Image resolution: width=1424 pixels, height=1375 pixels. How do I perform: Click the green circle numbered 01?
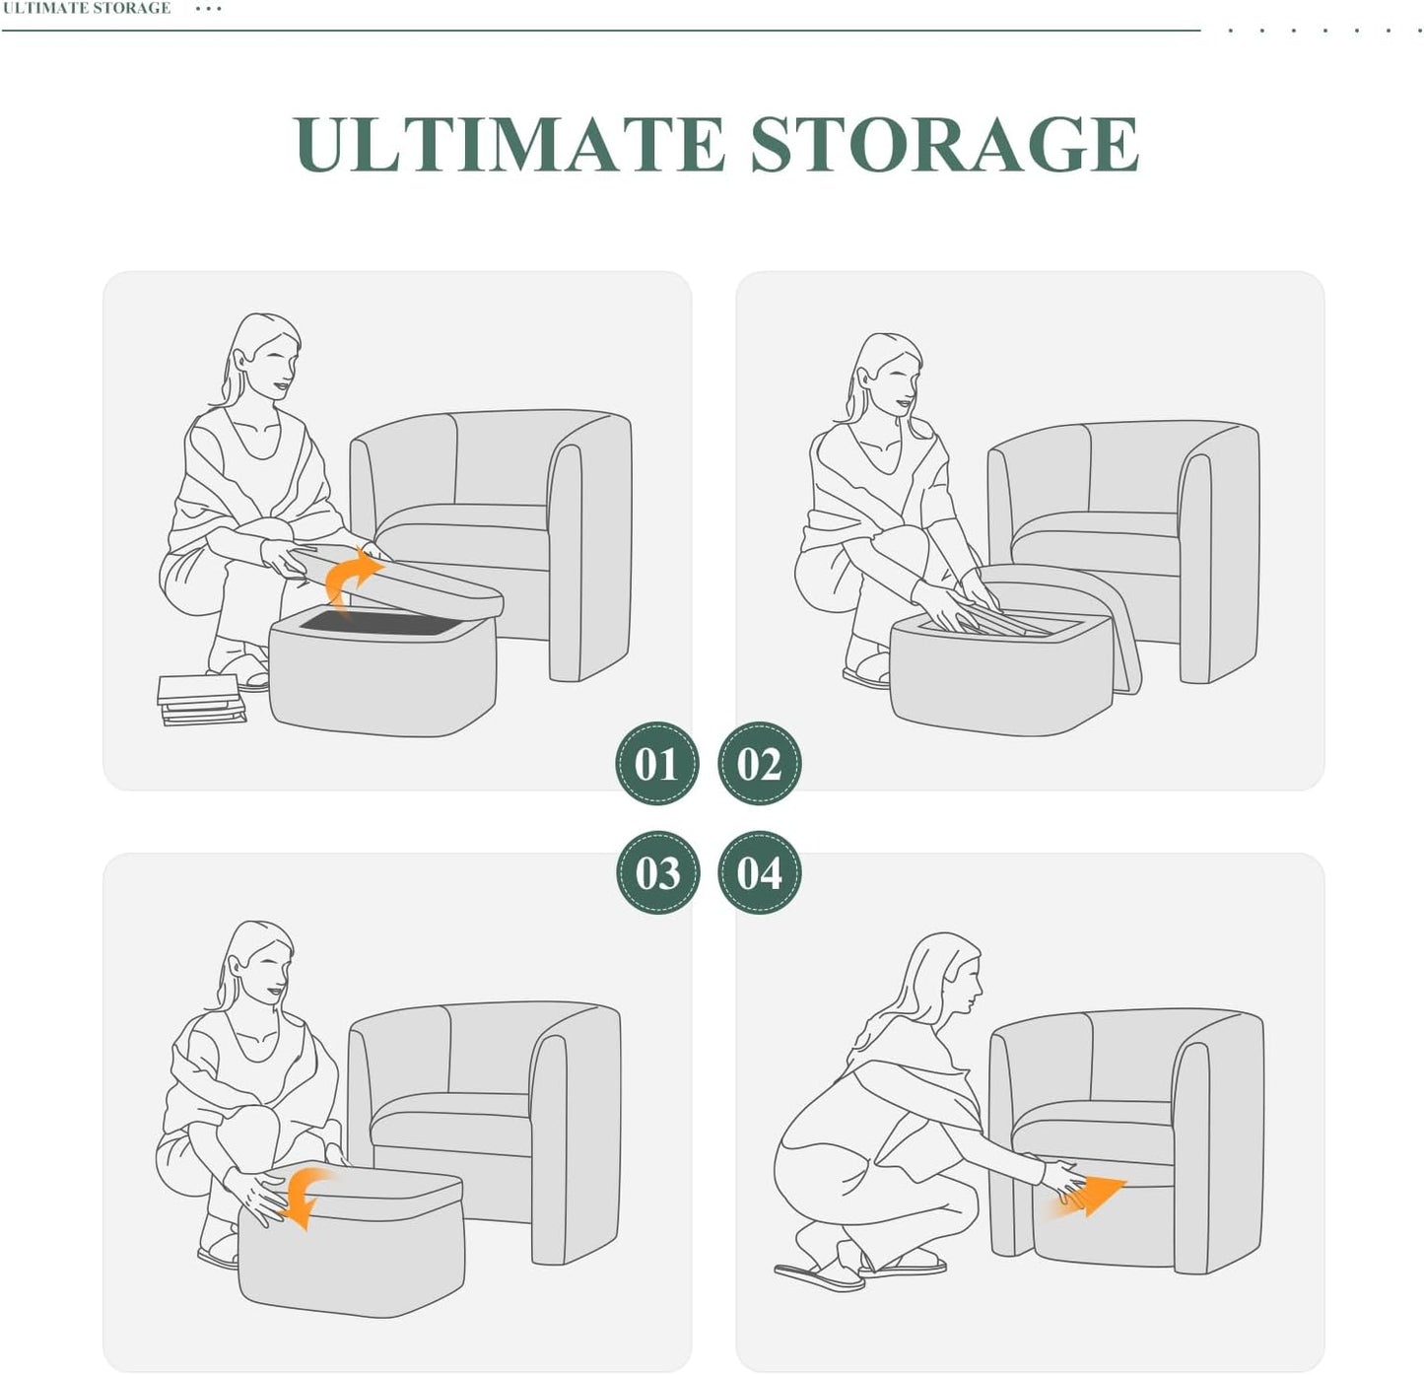pyautogui.click(x=656, y=763)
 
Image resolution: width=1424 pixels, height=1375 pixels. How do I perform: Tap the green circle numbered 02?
pyautogui.click(x=759, y=763)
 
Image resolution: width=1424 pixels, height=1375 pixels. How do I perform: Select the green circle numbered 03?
pyautogui.click(x=656, y=872)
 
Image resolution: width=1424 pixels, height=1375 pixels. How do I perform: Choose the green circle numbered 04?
pyautogui.click(x=759, y=872)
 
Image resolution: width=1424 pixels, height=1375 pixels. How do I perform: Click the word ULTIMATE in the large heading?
pyautogui.click(x=510, y=144)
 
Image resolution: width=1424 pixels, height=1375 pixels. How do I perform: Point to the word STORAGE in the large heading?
pyautogui.click(x=945, y=144)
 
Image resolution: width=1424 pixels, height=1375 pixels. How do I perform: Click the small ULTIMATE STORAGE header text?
pyautogui.click(x=87, y=8)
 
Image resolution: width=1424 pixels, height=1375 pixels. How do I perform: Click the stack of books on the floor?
pyautogui.click(x=201, y=700)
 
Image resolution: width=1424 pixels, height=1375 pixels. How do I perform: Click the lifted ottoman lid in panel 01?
pyautogui.click(x=395, y=580)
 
